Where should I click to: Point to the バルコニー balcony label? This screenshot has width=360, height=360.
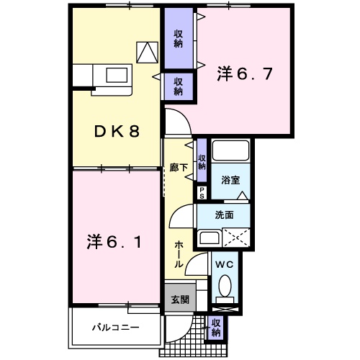pyautogui.click(x=115, y=327)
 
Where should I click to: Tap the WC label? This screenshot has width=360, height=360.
pyautogui.click(x=225, y=265)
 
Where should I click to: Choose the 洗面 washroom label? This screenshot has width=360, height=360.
pyautogui.click(x=224, y=215)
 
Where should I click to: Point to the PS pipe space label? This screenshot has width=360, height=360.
pyautogui.click(x=202, y=193)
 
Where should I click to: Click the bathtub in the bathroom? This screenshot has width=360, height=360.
pyautogui.click(x=230, y=152)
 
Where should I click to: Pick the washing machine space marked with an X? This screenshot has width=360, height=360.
pyautogui.click(x=236, y=237)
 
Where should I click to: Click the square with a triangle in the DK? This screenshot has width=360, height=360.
pyautogui.click(x=148, y=50)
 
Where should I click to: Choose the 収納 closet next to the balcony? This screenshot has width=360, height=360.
pyautogui.click(x=215, y=327)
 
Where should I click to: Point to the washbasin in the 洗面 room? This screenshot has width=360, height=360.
pyautogui.click(x=210, y=238)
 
